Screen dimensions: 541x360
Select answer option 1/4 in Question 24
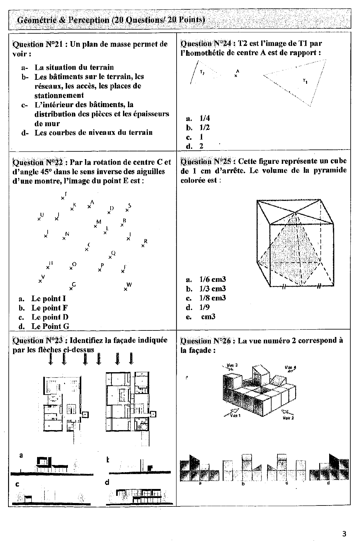tap(205, 118)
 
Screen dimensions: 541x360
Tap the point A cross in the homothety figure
tap(236, 75)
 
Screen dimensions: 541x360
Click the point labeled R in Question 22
tap(143, 246)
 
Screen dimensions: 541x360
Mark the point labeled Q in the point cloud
tap(110, 257)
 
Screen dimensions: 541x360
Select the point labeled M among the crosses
tap(95, 226)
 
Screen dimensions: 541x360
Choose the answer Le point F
tap(50, 308)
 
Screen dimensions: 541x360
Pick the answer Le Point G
tap(50, 326)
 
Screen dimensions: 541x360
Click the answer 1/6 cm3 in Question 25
tap(212, 279)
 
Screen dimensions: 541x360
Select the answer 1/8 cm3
tap(212, 298)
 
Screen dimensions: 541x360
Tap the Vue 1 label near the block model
tap(235, 415)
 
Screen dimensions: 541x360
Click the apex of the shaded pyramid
tap(295, 214)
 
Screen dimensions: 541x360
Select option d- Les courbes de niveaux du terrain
tap(93, 133)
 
